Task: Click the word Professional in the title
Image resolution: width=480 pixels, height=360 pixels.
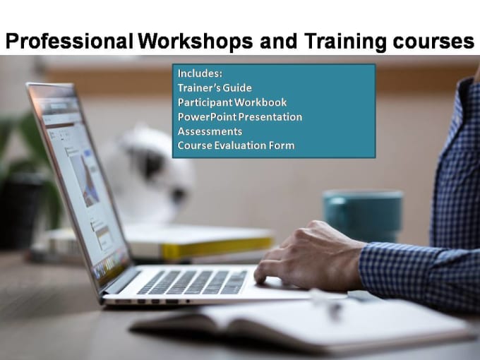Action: (x=69, y=42)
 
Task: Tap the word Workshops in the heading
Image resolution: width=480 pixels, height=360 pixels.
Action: (x=196, y=42)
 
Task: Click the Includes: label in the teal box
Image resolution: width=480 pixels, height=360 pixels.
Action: (x=200, y=73)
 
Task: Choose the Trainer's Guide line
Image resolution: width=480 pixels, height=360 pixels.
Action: (x=215, y=88)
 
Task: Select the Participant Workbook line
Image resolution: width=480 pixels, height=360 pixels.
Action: (x=232, y=102)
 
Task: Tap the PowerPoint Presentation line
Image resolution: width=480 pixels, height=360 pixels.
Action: (x=240, y=116)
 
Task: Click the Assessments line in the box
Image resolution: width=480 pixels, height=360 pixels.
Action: (x=210, y=131)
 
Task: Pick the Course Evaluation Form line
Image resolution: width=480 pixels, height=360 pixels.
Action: (x=236, y=145)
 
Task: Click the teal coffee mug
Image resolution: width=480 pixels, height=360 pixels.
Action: (x=363, y=215)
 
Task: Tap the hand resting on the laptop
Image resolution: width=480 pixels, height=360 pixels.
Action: (x=309, y=256)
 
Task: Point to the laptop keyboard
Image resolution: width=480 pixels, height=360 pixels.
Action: (x=193, y=282)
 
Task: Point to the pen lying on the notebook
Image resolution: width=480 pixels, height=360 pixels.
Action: (x=328, y=303)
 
